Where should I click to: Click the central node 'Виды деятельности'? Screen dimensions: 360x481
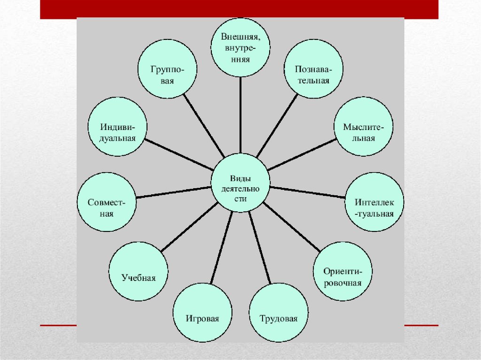click(240, 183)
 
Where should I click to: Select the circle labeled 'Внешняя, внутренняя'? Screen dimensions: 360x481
click(240, 46)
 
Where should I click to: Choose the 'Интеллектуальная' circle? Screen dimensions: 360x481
click(374, 202)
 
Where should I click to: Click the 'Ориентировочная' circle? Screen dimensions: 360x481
click(342, 272)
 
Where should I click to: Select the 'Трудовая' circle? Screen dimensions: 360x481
click(279, 313)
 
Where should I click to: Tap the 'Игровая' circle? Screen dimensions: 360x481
click(202, 313)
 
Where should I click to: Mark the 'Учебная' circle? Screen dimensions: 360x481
click(138, 272)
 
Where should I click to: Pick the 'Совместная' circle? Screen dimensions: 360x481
click(107, 202)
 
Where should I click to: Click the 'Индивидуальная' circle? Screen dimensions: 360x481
click(118, 127)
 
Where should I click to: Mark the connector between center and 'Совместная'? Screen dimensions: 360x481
click(173, 192)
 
